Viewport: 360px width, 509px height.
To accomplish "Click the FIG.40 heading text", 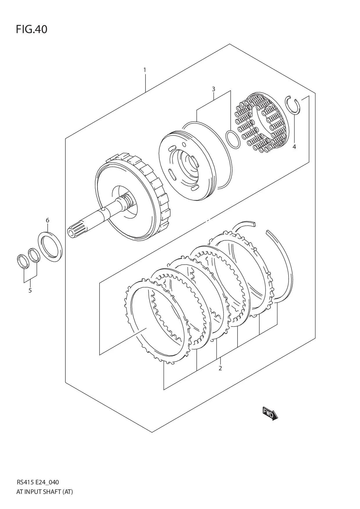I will pos(31,29).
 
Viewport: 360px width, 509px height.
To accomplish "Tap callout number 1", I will pos(145,70).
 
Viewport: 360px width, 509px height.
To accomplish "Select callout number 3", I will pos(213,89).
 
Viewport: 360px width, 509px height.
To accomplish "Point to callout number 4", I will pos(294,147).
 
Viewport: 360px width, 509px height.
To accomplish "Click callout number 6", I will pos(48,220).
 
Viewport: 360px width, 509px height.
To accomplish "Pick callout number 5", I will pos(30,290).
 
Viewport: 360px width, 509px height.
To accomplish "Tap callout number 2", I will pos(220,368).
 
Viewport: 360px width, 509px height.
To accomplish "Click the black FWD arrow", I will pos(270,413).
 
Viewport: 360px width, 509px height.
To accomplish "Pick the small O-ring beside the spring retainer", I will pos(233,139).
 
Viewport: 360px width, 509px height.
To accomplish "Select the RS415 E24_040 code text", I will pos(38,482).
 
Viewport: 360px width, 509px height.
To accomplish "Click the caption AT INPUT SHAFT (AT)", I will pos(45,492).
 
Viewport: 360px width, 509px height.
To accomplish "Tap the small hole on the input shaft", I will pos(103,210).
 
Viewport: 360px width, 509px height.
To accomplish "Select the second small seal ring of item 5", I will pos(34,255).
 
